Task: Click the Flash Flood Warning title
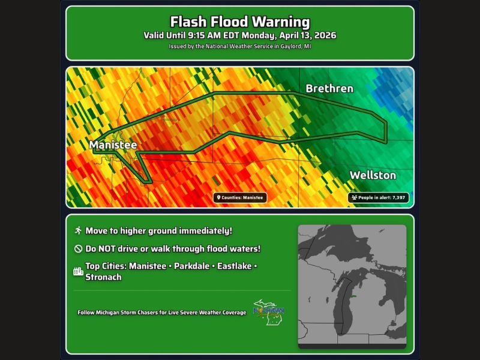pos(239,23)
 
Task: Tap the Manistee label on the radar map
pos(113,145)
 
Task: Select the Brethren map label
pos(329,89)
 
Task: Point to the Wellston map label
pos(373,175)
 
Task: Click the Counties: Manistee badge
pos(240,197)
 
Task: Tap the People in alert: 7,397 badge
pos(378,197)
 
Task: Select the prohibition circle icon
pos(78,248)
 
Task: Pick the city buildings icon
pos(78,271)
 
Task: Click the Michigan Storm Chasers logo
pos(268,312)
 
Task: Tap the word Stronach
pos(103,277)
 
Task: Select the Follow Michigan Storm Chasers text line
pos(161,313)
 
